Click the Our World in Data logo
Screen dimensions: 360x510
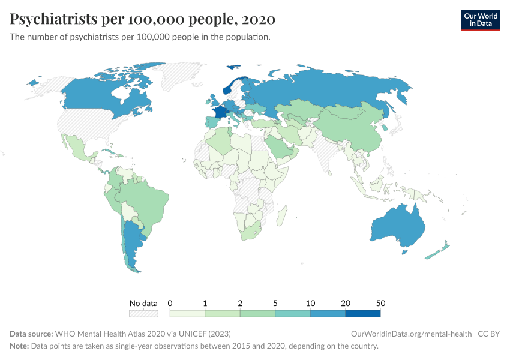[x=480, y=20]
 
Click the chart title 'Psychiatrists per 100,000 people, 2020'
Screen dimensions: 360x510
[x=143, y=19]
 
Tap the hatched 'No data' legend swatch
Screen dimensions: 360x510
[x=143, y=313]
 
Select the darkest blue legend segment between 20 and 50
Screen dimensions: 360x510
[x=362, y=313]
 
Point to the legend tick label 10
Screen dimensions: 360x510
[x=310, y=303]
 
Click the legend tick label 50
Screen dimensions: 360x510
[x=380, y=303]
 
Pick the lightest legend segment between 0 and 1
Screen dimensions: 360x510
[x=188, y=313]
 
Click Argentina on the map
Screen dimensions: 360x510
[x=131, y=246]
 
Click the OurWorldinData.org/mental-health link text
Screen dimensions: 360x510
[x=410, y=334]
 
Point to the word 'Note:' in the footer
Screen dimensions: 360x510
[x=20, y=346]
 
